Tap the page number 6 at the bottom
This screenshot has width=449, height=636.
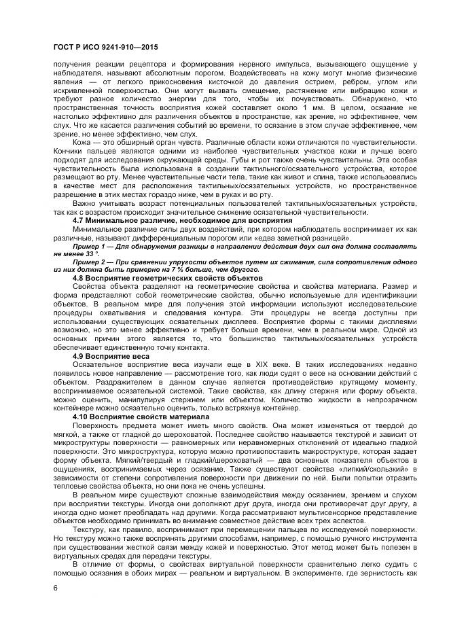point(54,587)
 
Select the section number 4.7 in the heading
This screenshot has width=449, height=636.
point(79,220)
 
